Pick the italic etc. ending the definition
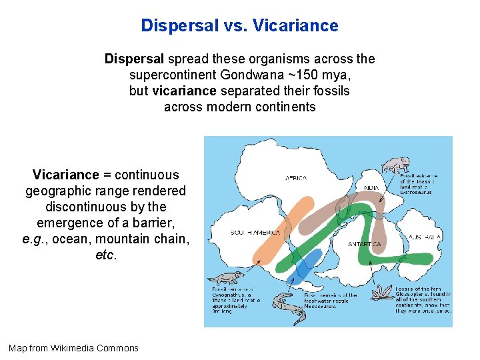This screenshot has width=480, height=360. pyautogui.click(x=106, y=255)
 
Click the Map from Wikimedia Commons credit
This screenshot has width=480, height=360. pyautogui.click(x=73, y=348)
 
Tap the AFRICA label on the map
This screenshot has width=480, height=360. pyautogui.click(x=296, y=178)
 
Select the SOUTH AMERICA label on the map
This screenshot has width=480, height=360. pyautogui.click(x=255, y=233)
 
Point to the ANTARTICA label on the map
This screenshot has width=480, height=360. pyautogui.click(x=364, y=244)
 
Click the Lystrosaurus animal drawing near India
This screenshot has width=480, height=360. pyautogui.click(x=396, y=165)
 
